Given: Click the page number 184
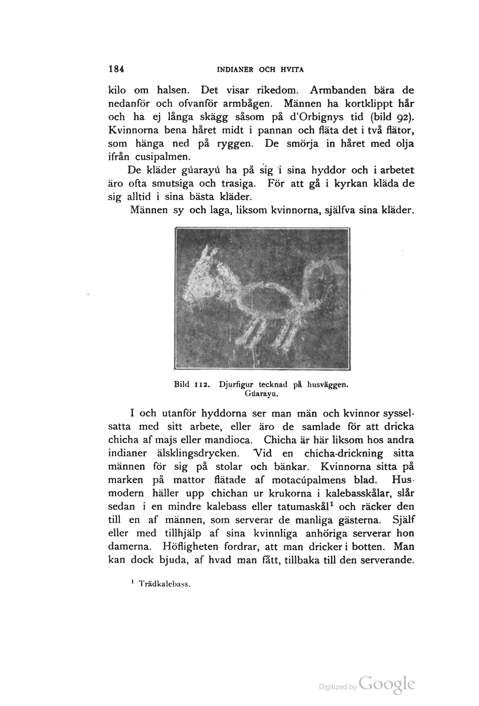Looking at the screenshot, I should coord(116,69).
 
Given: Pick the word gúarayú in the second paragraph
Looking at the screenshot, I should coord(201,170).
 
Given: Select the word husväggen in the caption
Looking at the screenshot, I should coord(327,385).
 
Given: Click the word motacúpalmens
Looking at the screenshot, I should coord(308,480).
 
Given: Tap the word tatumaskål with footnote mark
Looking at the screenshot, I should coord(304,507).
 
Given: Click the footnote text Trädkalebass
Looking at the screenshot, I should coord(164,584).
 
